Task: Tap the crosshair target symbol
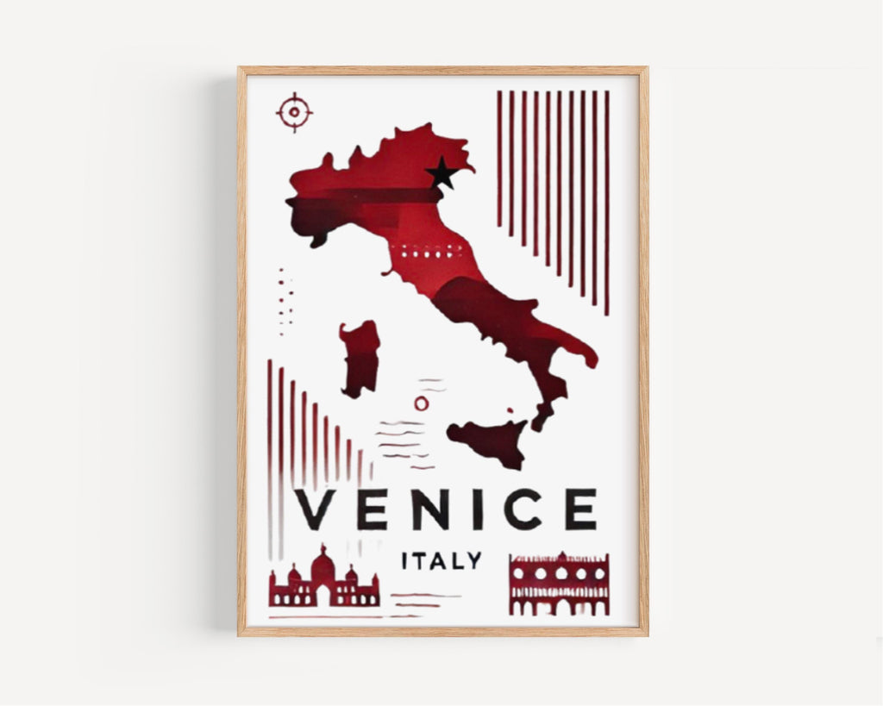(x=294, y=112)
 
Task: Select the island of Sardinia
(x=360, y=358)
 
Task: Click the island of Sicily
(x=489, y=440)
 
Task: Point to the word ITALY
(x=441, y=561)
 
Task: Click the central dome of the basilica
(x=323, y=565)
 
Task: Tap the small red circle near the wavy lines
(x=421, y=403)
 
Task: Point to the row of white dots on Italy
(x=422, y=254)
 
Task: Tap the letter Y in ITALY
(x=473, y=561)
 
